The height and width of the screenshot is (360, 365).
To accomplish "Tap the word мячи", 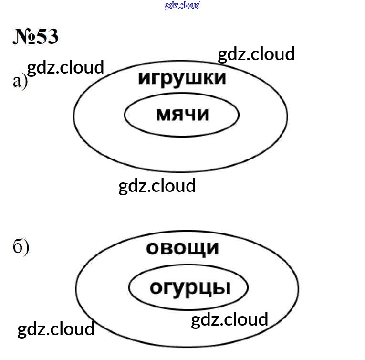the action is click(x=183, y=115).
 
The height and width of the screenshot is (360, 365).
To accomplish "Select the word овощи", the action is click(x=183, y=249).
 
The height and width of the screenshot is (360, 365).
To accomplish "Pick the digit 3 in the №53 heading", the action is click(x=52, y=37).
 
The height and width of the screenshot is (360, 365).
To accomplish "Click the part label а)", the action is click(x=20, y=82).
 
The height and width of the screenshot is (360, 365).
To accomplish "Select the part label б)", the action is click(x=21, y=247).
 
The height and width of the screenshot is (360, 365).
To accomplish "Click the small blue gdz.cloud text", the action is click(x=182, y=5).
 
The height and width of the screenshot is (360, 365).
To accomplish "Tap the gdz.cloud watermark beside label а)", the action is click(x=65, y=68).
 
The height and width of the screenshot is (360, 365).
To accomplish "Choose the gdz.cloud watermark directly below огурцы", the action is click(x=229, y=320).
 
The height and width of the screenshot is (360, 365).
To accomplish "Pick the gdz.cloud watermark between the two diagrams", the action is click(x=157, y=186).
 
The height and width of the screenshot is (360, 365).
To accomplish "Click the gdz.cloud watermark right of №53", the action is click(x=256, y=54).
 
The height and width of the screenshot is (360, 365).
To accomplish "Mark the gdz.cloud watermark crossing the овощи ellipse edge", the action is click(x=56, y=329).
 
